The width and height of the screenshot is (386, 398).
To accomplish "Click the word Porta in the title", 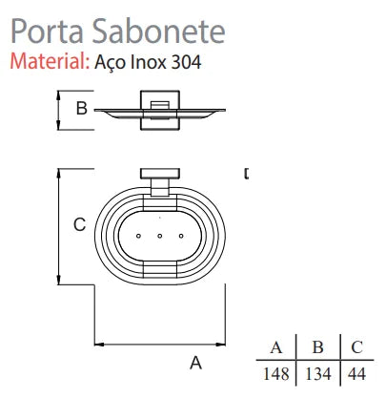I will (43, 31).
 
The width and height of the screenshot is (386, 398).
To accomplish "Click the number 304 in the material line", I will (189, 63).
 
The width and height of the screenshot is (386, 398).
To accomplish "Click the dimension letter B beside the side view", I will (81, 109).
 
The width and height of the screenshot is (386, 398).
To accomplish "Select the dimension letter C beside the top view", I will (80, 225).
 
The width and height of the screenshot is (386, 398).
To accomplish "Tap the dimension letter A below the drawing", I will (195, 363).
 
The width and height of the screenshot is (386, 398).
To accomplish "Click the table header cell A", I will (276, 346).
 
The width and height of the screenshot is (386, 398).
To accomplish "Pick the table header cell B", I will (317, 346).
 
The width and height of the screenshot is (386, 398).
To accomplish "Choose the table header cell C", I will (356, 346).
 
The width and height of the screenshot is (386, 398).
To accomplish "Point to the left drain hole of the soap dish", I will (139, 235).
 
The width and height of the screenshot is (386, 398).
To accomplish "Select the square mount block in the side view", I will (158, 109).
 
